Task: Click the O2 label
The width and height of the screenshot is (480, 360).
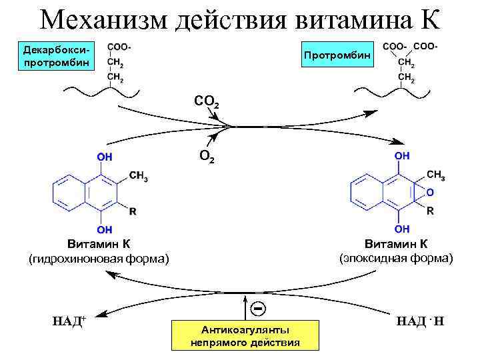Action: click(x=207, y=157)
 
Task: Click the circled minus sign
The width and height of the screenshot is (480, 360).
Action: click(x=257, y=309)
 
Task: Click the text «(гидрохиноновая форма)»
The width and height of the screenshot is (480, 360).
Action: click(x=98, y=258)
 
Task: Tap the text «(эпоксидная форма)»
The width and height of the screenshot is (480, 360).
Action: click(x=396, y=257)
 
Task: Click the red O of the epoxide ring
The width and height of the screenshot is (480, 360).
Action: click(x=429, y=193)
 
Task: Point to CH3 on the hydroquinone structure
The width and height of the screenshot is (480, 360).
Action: click(x=138, y=177)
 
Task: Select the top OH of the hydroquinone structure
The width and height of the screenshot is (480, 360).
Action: click(x=104, y=157)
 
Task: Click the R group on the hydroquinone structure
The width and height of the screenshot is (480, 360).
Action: click(x=132, y=212)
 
